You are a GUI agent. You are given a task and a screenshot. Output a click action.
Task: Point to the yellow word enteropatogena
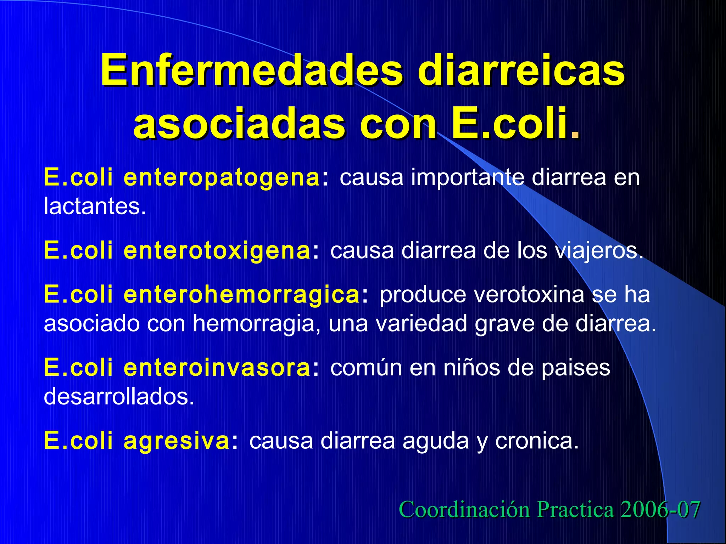click(222, 178)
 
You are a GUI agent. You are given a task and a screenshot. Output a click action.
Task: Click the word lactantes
click(94, 206)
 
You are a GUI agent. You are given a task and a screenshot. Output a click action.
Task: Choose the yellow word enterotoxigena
click(217, 251)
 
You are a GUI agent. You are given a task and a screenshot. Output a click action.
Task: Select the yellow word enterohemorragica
click(242, 295)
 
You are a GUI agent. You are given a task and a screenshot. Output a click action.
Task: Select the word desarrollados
click(119, 397)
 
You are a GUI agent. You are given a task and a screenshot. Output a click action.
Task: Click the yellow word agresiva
click(177, 441)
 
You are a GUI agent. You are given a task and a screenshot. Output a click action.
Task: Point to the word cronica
click(537, 441)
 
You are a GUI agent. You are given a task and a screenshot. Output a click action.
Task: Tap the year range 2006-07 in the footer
click(660, 510)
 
